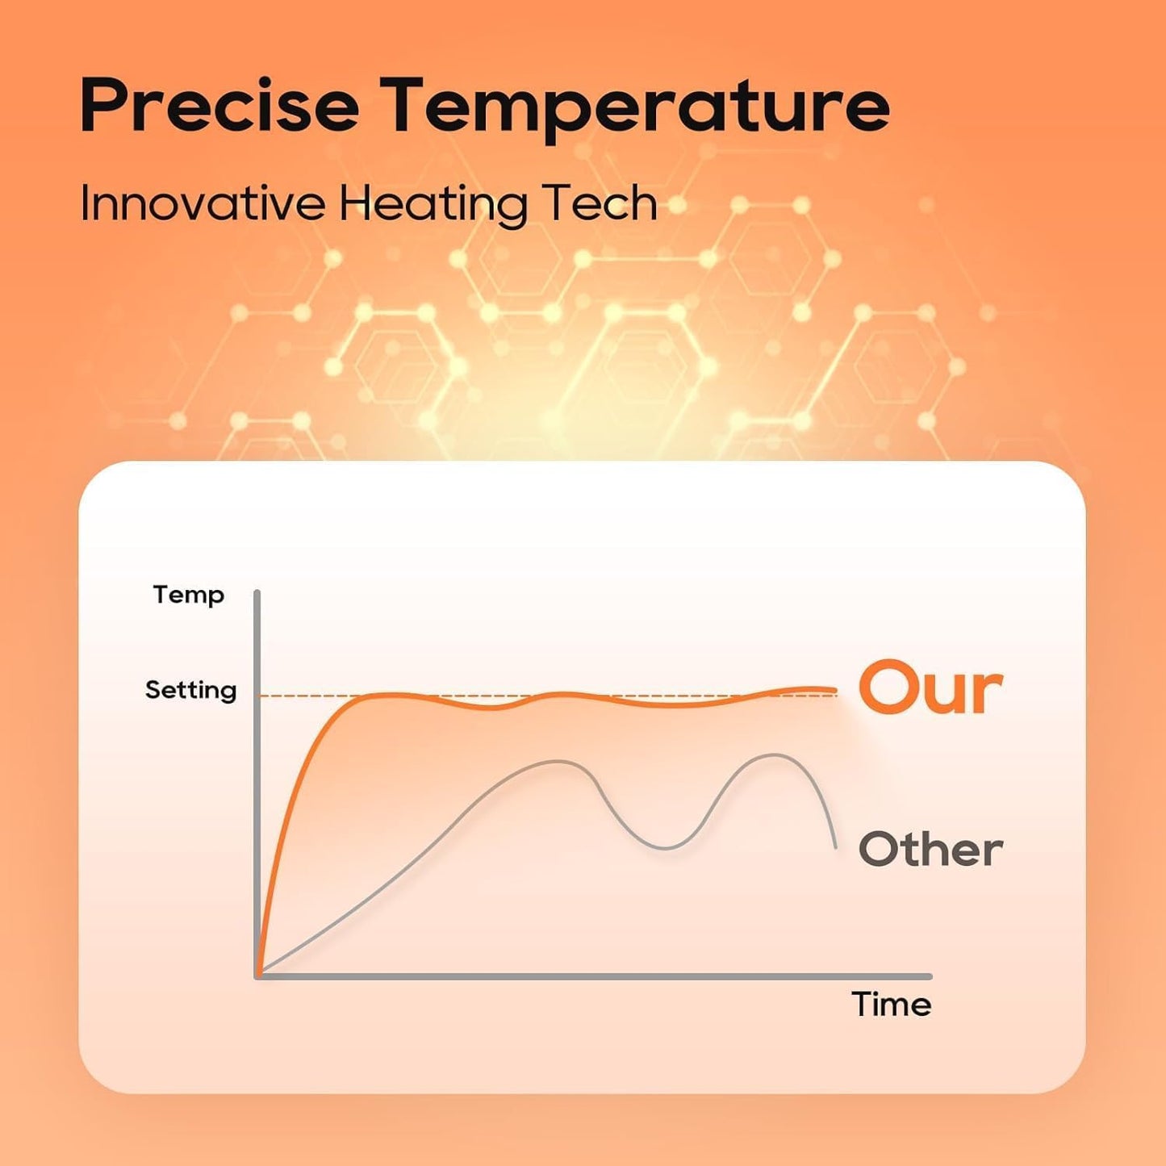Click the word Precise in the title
coord(219,104)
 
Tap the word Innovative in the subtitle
coord(202,204)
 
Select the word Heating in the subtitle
coord(433,206)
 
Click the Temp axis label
coord(189,596)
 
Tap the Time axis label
coord(892,1005)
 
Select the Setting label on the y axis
coord(190,691)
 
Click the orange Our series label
coord(930,688)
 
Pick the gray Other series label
coord(930,850)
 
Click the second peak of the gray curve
coord(773,754)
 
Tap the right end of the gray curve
coord(836,848)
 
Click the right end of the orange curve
coord(835,690)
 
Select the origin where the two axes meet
coord(258,976)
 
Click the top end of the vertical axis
coord(257,591)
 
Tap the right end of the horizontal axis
coord(930,976)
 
